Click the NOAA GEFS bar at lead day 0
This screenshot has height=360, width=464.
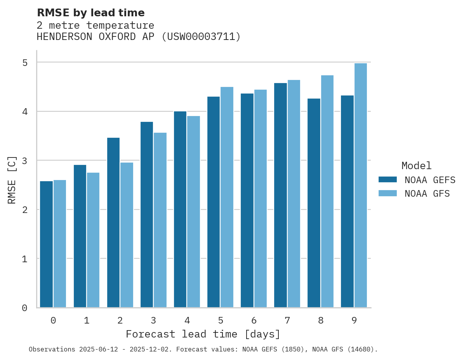click(47, 244)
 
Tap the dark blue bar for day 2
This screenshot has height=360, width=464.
click(113, 223)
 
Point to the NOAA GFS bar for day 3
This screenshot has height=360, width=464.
click(160, 220)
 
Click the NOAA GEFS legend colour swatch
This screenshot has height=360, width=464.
click(388, 180)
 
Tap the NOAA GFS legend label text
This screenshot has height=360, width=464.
click(427, 194)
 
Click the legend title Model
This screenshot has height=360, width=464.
click(416, 166)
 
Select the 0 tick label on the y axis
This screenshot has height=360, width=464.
click(24, 308)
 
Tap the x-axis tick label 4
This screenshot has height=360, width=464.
click(187, 320)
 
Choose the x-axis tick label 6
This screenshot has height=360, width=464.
click(254, 320)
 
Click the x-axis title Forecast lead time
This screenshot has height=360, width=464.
click(203, 334)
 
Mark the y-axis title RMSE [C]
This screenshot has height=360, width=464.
click(12, 180)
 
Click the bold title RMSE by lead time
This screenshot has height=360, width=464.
click(90, 13)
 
